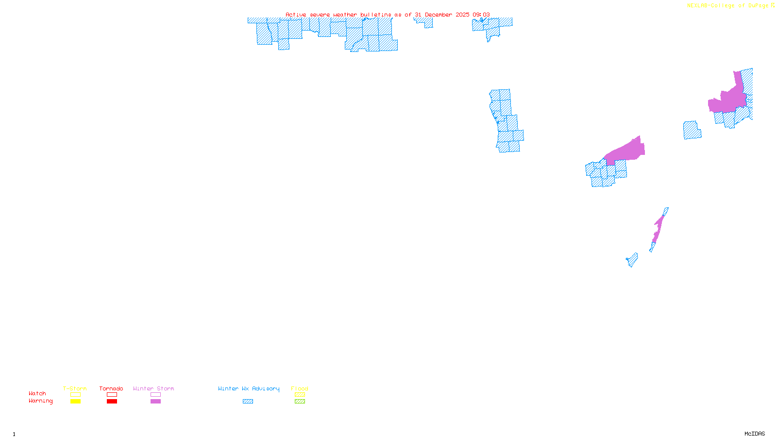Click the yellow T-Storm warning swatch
75,402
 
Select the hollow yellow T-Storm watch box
75,395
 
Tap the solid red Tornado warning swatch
112,402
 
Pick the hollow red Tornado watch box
112,395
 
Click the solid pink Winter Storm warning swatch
155,402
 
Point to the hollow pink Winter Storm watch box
155,395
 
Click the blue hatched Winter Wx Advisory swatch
248,402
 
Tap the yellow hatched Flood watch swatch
300,395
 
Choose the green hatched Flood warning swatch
300,402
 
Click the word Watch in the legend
37,394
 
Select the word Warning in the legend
40,401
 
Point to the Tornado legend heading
111,388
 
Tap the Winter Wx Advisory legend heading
249,388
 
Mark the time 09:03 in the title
481,15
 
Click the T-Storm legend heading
75,388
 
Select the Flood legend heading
300,388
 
